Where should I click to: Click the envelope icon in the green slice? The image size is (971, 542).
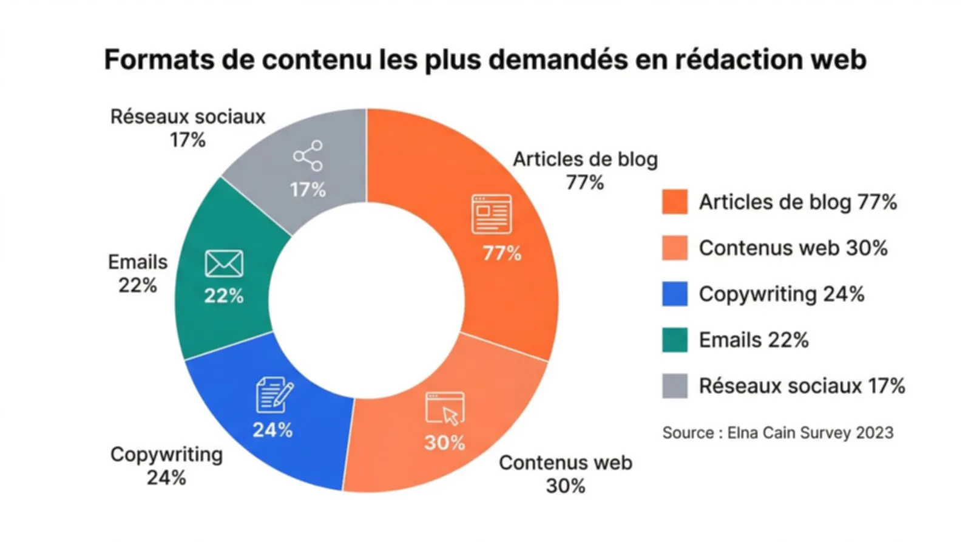(x=224, y=264)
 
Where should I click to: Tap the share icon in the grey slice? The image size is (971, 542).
(x=308, y=156)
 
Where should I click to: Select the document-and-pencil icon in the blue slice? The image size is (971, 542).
(x=274, y=395)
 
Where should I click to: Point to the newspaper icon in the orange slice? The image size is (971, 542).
(x=492, y=214)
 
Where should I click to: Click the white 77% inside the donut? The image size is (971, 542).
(x=502, y=253)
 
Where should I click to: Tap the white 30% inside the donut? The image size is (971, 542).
(x=444, y=442)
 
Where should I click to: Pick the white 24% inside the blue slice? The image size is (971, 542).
(x=272, y=430)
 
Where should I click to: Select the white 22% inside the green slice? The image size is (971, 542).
(x=223, y=296)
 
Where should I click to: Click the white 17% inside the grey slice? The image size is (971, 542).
(x=308, y=190)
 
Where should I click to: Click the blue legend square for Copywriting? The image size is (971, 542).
(x=674, y=294)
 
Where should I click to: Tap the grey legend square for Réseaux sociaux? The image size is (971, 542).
(x=674, y=386)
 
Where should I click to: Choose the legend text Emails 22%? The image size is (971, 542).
(x=753, y=340)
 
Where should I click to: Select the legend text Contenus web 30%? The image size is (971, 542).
(x=793, y=248)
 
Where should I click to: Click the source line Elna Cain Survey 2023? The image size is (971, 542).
(x=777, y=433)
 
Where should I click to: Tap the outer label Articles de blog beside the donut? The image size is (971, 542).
(x=585, y=160)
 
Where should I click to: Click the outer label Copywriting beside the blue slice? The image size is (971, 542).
(x=166, y=455)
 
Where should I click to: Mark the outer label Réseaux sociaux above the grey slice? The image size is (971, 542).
(x=188, y=117)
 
